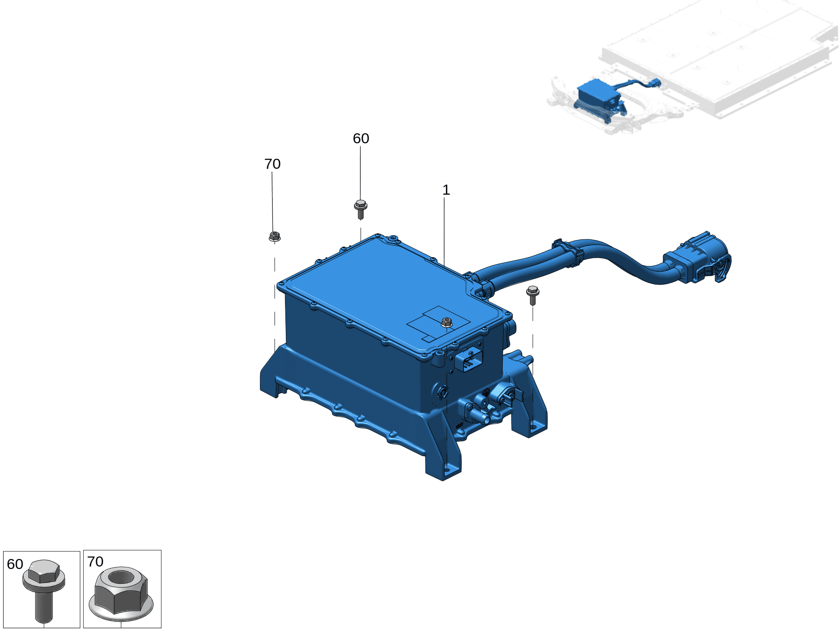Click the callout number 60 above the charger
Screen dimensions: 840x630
[361, 138]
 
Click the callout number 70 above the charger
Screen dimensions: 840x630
[272, 164]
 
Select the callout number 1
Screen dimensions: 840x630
[446, 190]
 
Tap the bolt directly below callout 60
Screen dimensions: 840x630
[361, 210]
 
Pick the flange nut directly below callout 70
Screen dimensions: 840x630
[275, 236]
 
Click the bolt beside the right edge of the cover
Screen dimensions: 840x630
[533, 295]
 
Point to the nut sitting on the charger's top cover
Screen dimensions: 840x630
[447, 322]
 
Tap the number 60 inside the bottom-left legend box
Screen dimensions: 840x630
[15, 564]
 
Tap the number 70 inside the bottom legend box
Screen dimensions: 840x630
[95, 561]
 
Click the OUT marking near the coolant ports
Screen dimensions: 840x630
[460, 425]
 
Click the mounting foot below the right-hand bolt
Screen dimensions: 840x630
[531, 422]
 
